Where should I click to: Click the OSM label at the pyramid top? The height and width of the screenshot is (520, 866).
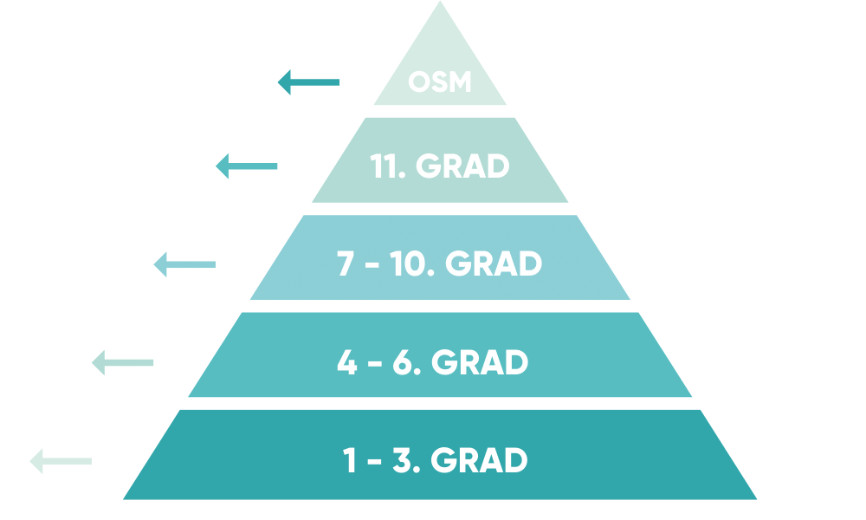[x=440, y=83]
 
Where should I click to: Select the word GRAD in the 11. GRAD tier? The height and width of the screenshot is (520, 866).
[x=462, y=166]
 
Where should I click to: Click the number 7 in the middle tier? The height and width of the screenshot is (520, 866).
[x=346, y=264]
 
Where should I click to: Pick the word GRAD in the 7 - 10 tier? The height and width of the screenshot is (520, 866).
[x=494, y=264]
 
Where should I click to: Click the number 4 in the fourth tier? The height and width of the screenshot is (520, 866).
[x=346, y=362]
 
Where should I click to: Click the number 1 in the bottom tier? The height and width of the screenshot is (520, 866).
[x=350, y=460]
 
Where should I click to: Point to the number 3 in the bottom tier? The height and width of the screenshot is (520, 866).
[x=402, y=460]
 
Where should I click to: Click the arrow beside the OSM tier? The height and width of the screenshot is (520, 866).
[x=308, y=82]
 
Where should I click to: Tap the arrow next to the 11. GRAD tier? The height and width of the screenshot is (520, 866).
[x=246, y=166]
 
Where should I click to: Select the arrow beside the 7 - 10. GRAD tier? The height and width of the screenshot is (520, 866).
[x=184, y=264]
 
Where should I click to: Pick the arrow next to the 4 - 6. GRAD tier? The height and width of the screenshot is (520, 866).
[x=122, y=362]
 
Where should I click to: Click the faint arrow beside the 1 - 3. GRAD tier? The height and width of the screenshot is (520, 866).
[x=61, y=460]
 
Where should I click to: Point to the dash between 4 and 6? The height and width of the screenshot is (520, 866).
[x=374, y=364]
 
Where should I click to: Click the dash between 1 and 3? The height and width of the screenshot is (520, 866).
[x=374, y=462]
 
